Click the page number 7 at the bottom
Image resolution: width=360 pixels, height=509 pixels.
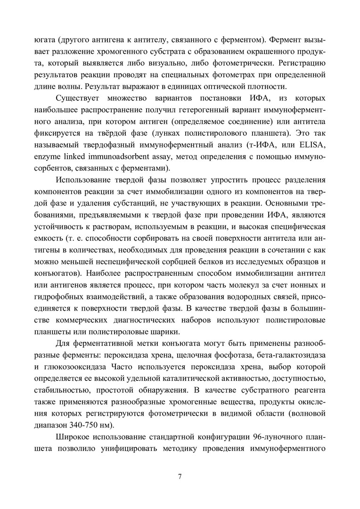click(x=180, y=476)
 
